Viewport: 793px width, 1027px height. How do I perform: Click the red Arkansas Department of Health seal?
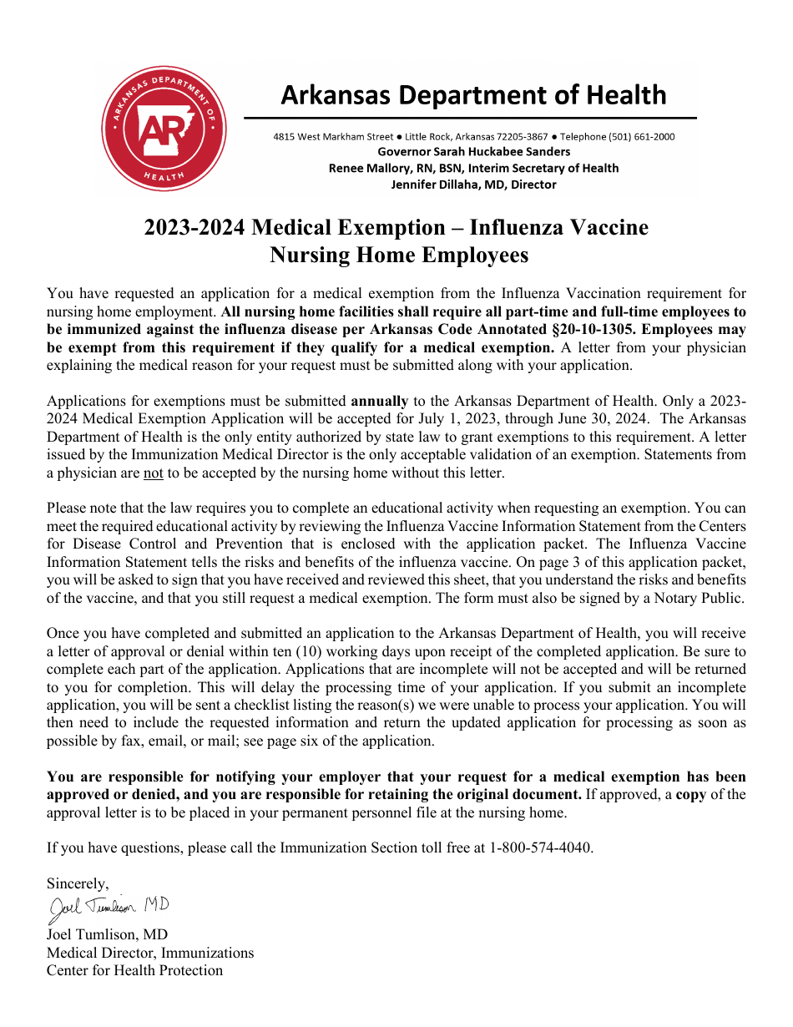[164, 129]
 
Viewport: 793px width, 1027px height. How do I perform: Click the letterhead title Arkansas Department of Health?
[473, 95]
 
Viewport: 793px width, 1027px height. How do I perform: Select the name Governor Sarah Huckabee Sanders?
[473, 152]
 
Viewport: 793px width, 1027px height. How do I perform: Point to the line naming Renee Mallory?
[473, 168]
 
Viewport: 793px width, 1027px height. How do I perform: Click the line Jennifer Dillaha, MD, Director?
[473, 185]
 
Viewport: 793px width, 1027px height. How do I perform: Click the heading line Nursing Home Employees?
[398, 255]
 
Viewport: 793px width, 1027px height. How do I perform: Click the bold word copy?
[690, 794]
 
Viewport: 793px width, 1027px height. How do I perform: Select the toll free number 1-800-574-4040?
[541, 847]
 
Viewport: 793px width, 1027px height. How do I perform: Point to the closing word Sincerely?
[77, 883]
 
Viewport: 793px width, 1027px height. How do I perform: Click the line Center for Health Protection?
[134, 970]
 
